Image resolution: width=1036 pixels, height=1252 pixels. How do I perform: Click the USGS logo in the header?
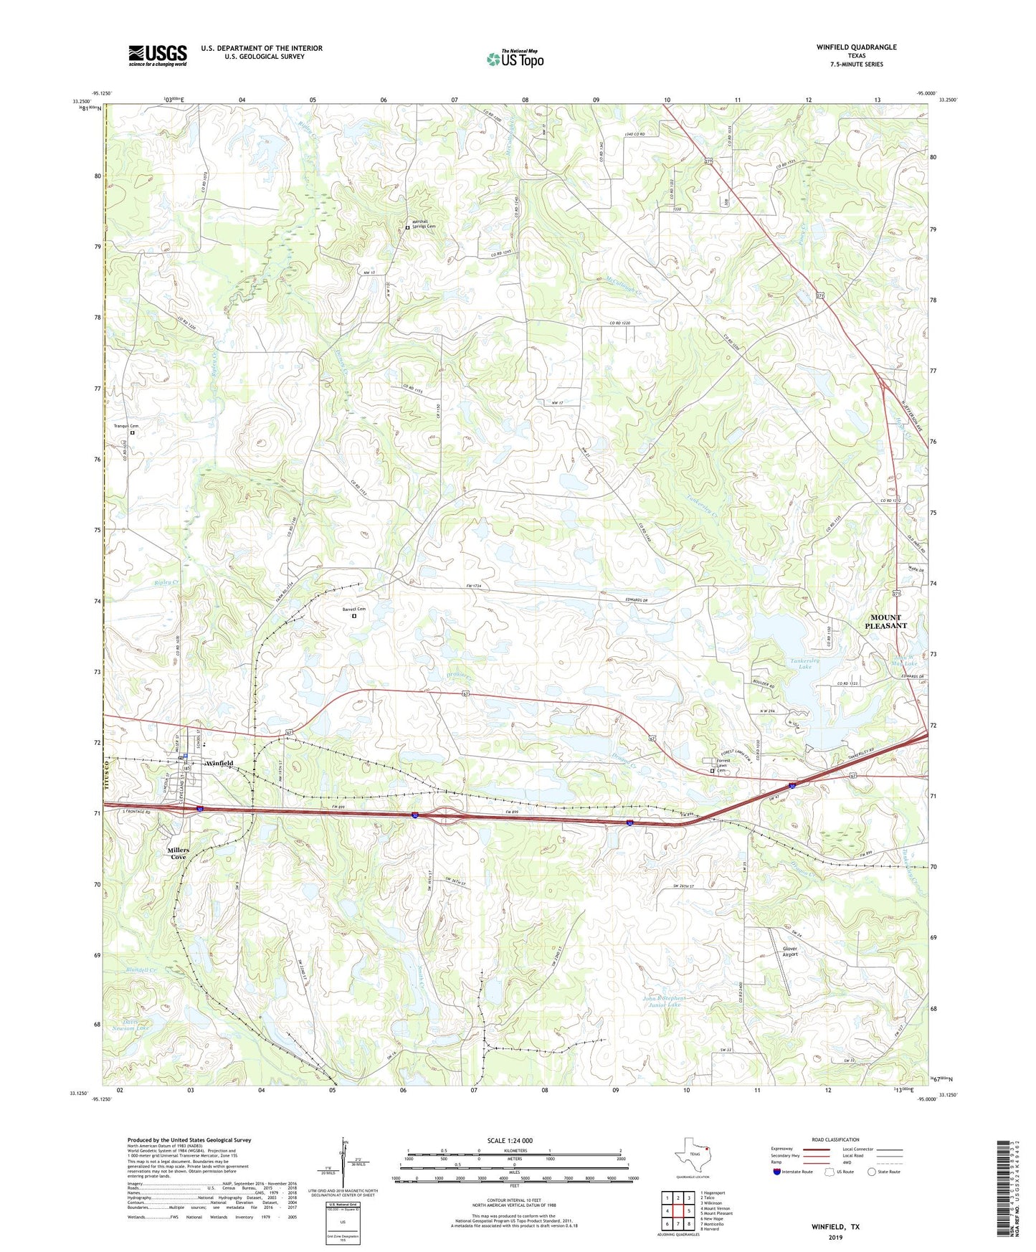point(157,55)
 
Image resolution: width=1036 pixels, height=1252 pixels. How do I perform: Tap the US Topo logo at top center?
point(514,60)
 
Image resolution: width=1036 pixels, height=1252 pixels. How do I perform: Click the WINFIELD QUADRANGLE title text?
point(856,47)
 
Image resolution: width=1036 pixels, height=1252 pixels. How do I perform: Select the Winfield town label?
point(219,763)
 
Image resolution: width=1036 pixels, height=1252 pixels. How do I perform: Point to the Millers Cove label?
point(178,853)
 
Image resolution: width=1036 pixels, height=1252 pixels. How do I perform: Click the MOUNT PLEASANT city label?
point(885,622)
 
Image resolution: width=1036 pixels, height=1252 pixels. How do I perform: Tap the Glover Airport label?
point(789,952)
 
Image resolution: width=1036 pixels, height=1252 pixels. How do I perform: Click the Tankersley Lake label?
point(794,663)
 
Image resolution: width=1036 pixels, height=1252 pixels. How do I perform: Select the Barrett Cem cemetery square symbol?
point(353,615)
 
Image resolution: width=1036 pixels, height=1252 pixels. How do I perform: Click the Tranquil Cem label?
point(126,426)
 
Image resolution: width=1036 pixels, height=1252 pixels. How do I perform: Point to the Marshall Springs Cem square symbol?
point(407,227)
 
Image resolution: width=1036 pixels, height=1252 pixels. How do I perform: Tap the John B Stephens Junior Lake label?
point(664,1002)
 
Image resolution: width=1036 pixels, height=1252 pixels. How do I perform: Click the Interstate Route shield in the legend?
point(776,1172)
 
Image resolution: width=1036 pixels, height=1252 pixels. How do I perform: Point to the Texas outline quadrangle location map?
point(692,1156)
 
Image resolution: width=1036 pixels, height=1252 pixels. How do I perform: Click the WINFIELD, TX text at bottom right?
point(835,1227)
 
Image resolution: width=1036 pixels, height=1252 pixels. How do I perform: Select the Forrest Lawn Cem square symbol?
point(712,772)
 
